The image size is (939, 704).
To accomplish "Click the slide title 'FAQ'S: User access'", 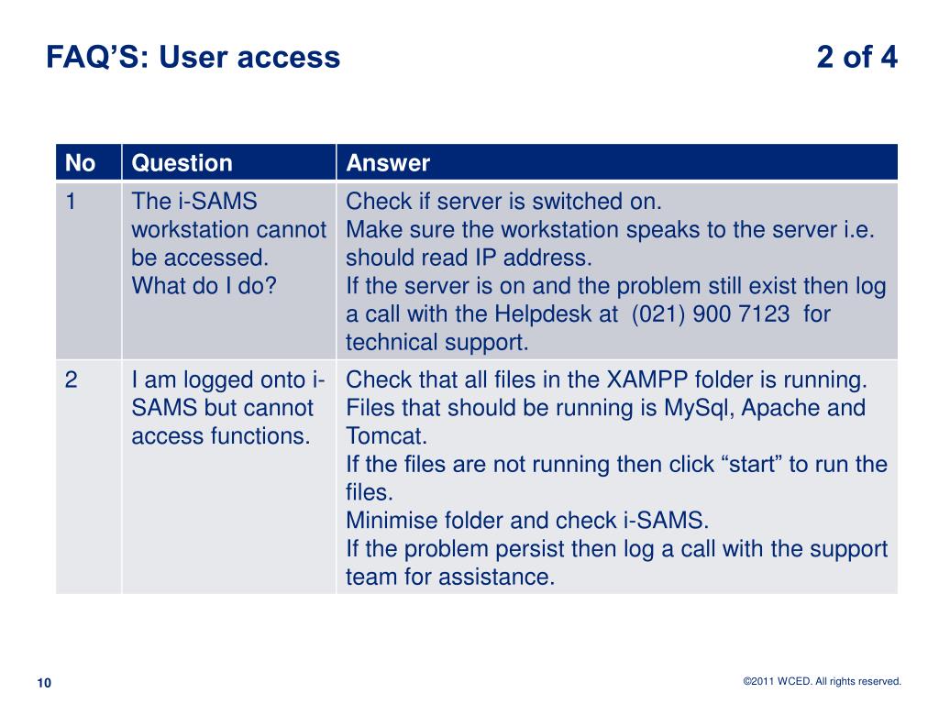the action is click(193, 58).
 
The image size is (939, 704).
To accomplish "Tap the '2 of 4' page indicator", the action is click(856, 58).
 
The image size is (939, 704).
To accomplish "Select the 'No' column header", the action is click(81, 163).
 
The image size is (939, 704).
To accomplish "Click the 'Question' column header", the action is click(182, 163).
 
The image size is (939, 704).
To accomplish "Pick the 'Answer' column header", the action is click(388, 163).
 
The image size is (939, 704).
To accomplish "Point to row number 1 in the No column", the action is click(71, 201).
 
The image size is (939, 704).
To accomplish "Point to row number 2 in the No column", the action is click(71, 379).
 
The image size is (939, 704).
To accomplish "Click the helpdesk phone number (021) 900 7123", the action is click(711, 314).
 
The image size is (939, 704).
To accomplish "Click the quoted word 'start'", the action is click(751, 464).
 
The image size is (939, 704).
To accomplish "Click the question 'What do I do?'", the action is click(204, 286).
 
